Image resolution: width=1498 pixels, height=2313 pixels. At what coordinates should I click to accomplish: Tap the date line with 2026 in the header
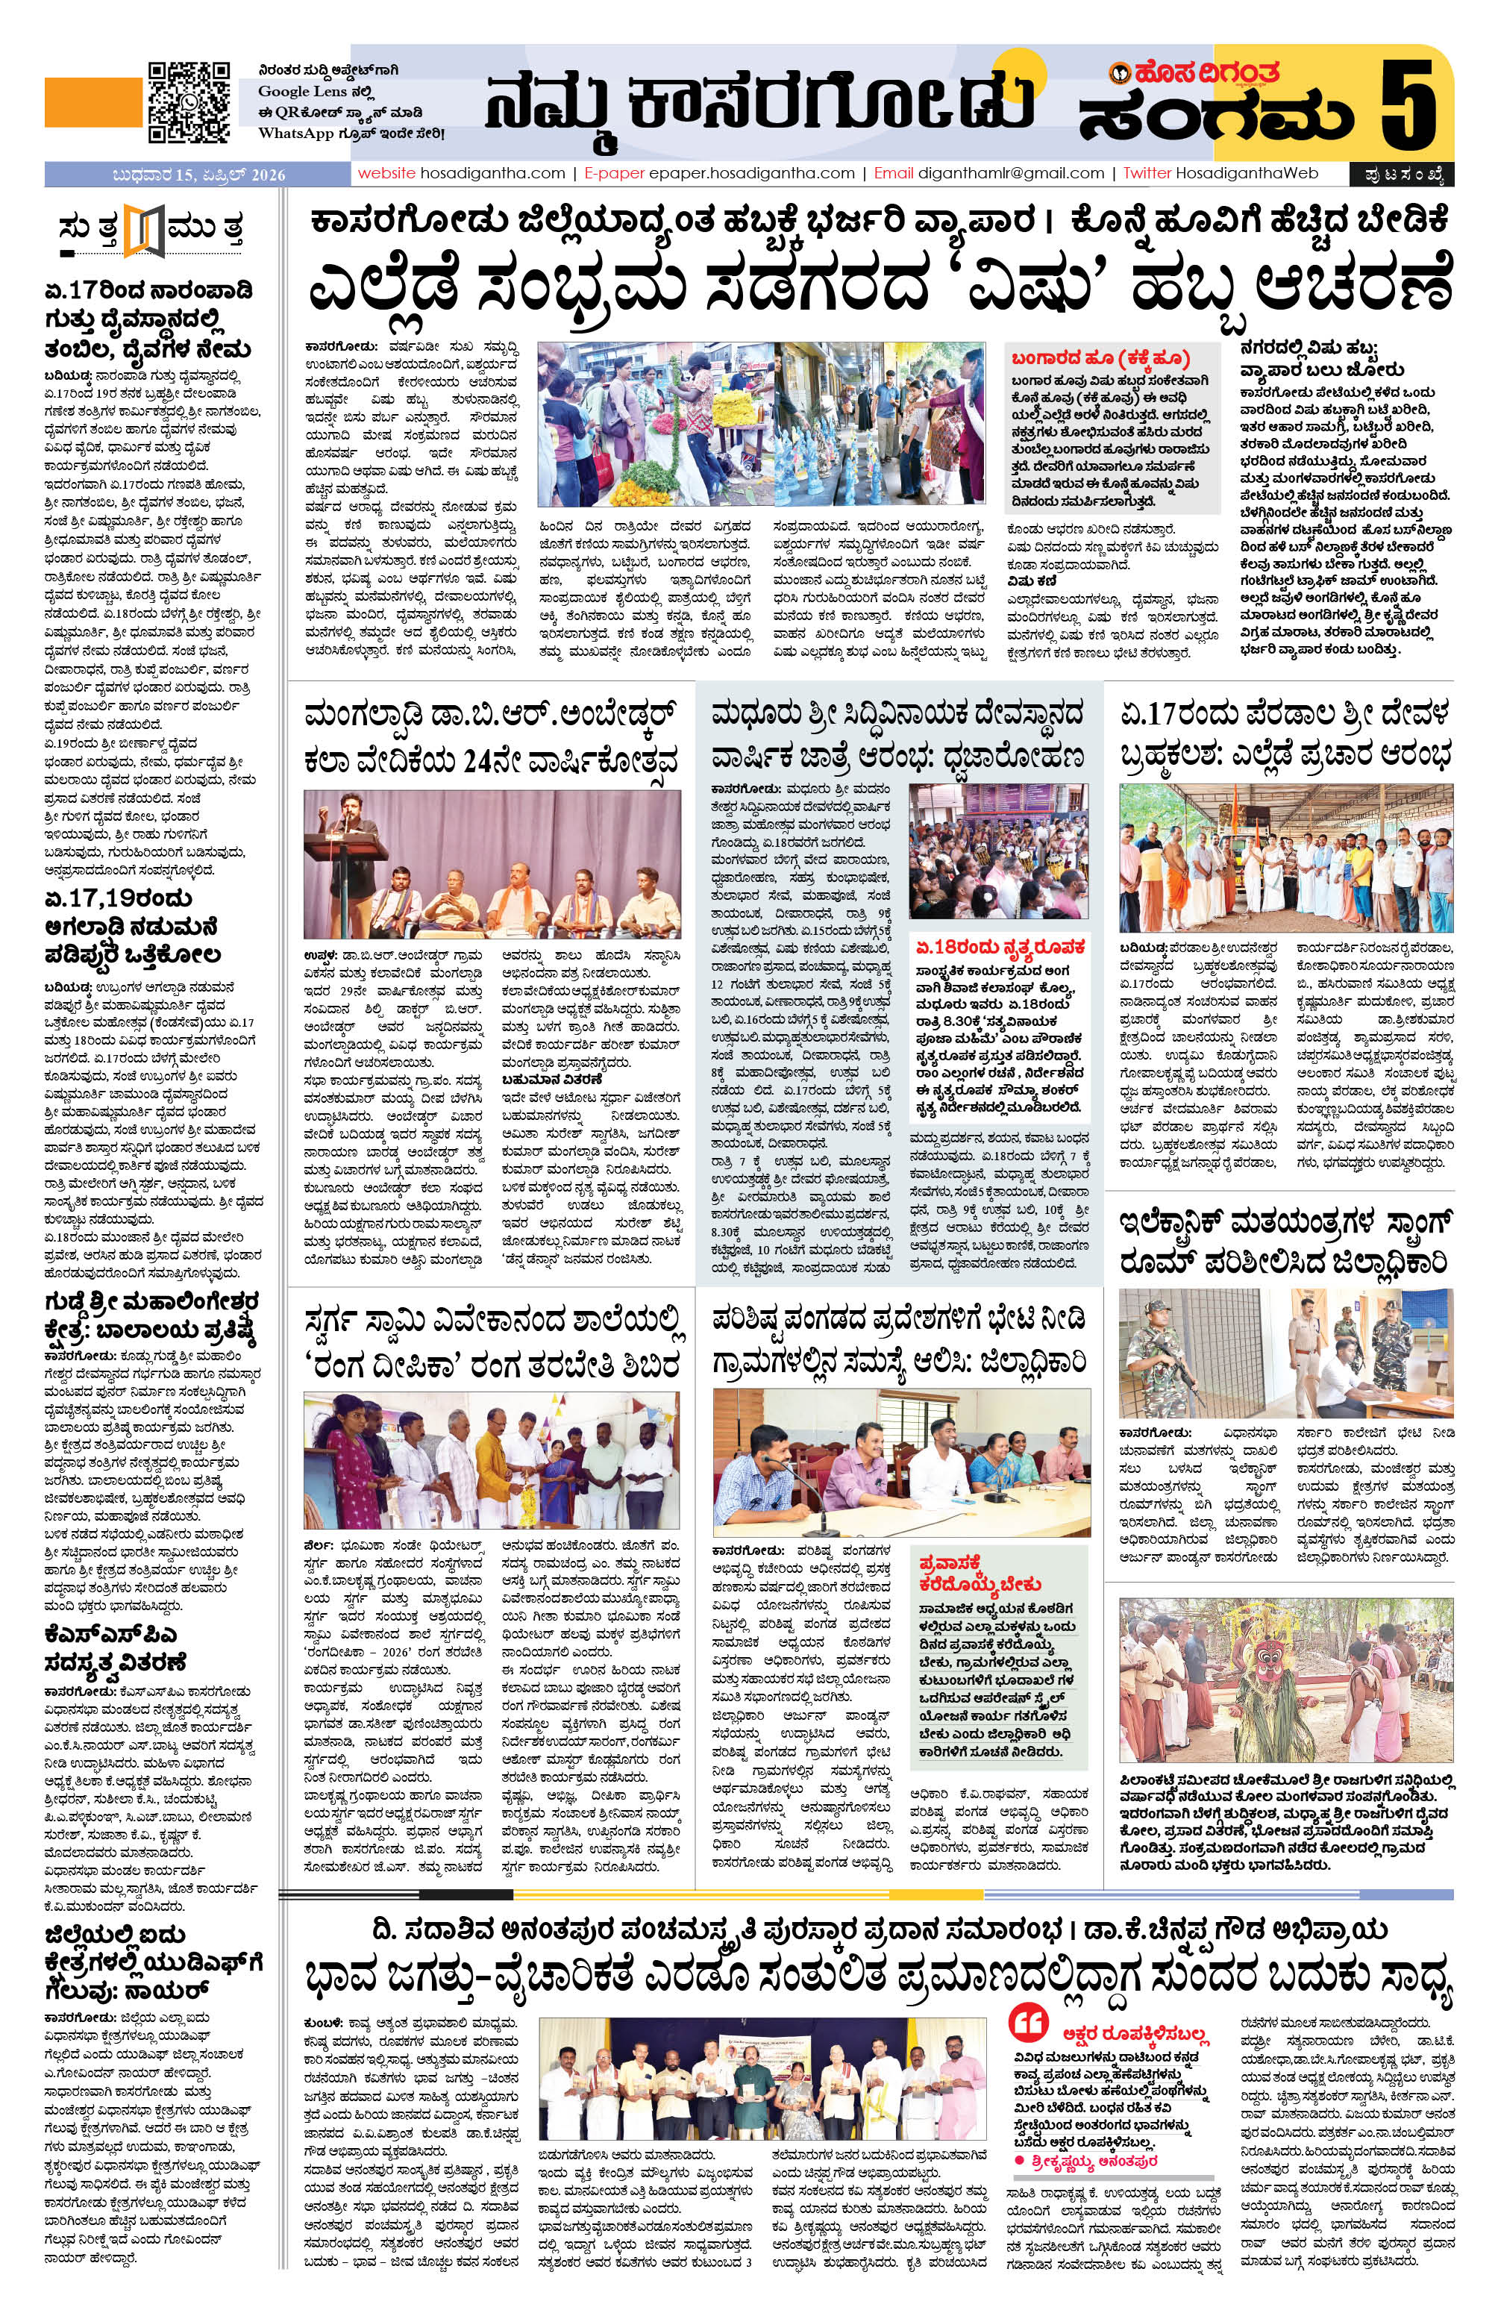point(198,175)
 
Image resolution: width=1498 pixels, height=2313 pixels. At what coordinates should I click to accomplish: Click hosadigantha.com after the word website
point(492,174)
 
